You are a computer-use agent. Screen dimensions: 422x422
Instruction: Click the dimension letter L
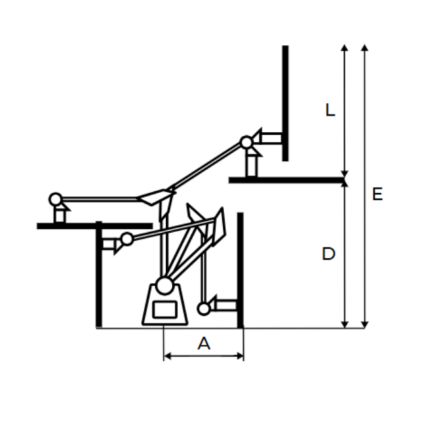pyautogui.click(x=330, y=110)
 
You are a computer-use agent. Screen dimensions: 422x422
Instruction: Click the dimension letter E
pyautogui.click(x=377, y=194)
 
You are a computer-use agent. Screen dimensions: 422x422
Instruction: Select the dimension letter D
pyautogui.click(x=328, y=254)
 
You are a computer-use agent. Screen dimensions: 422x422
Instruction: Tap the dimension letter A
pyautogui.click(x=204, y=343)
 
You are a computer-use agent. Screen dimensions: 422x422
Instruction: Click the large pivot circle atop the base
pyautogui.click(x=164, y=286)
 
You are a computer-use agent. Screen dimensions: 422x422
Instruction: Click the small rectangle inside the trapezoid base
pyautogui.click(x=165, y=309)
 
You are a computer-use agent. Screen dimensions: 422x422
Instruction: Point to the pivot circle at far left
pyautogui.click(x=55, y=199)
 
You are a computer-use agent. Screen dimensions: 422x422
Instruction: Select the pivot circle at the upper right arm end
pyautogui.click(x=246, y=142)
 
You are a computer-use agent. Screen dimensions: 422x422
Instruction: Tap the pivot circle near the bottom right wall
pyautogui.click(x=204, y=309)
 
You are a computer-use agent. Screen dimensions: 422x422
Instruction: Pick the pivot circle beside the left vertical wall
pyautogui.click(x=127, y=239)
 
